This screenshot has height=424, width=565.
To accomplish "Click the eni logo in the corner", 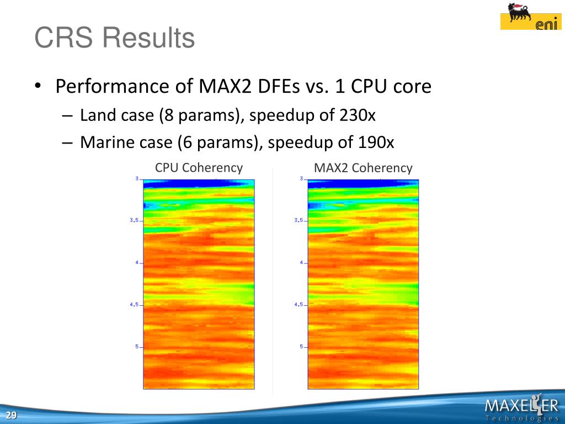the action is point(530,16).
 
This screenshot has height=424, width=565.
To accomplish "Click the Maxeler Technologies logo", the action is point(522,407).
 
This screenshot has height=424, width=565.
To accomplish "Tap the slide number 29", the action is point(11,415).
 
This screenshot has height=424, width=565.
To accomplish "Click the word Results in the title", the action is point(149,38).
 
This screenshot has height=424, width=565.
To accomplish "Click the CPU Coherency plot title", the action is point(199,168).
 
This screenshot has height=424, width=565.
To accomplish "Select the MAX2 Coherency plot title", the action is point(363,168).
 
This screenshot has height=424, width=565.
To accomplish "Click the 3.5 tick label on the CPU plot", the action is point(134,220).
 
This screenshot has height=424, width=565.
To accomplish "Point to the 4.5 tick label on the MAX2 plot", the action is point(299,304).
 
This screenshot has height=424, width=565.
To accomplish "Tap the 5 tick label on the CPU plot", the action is point(137,347).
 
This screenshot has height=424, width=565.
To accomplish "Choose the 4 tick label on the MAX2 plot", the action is point(301,262).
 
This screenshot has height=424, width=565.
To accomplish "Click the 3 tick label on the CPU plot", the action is point(137,178).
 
